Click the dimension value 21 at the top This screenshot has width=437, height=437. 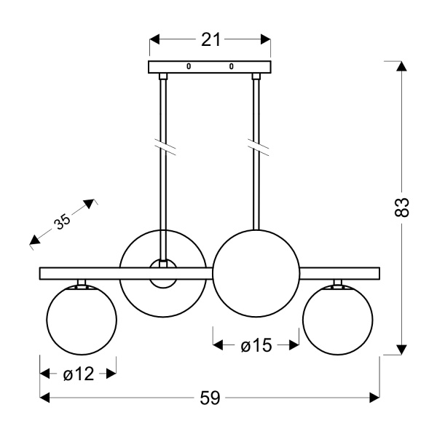point(210,39)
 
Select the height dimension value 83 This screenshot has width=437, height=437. point(401,208)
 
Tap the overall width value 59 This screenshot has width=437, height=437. point(210,398)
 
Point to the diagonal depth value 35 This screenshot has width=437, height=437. point(62,221)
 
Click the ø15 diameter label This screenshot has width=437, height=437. point(256,345)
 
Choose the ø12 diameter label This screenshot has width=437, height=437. point(79,374)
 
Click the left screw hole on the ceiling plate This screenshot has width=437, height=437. point(189,66)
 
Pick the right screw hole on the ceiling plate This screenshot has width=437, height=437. point(232,66)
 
